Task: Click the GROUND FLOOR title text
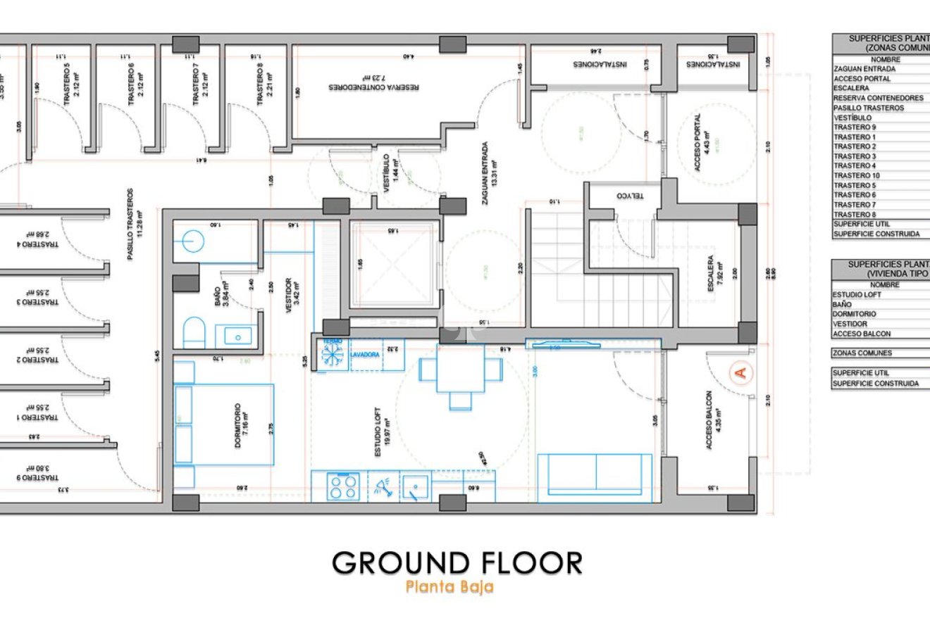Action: point(457,563)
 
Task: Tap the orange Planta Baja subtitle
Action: point(449,587)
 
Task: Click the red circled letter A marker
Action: point(740,372)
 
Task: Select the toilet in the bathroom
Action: point(194,332)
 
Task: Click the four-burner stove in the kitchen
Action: point(343,486)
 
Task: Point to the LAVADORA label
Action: point(366,355)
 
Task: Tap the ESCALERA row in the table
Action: point(881,89)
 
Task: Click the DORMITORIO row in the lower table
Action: point(881,314)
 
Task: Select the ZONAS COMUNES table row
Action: point(881,353)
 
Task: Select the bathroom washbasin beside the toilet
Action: point(237,335)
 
